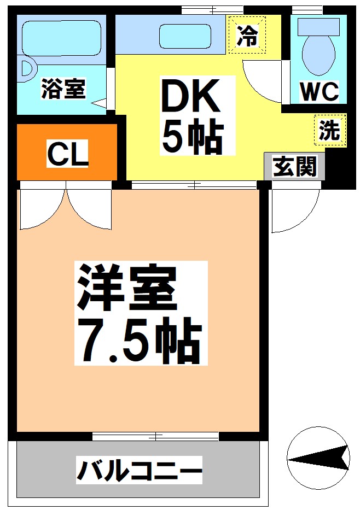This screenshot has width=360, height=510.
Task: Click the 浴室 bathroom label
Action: (x=63, y=89)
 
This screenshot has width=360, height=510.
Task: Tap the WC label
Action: (x=320, y=92)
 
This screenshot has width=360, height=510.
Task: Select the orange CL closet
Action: (x=67, y=152)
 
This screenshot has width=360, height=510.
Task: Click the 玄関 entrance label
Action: (x=295, y=167)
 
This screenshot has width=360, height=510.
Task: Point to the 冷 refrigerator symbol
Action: (x=247, y=35)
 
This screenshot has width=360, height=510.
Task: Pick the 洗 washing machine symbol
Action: (x=330, y=130)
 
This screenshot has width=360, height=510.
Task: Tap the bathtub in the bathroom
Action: (x=61, y=38)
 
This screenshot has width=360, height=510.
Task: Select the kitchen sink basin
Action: (x=185, y=36)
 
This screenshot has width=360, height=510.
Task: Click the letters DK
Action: (x=191, y=95)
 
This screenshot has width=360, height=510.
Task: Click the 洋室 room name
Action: (x=127, y=288)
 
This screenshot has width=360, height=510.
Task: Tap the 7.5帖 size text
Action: (x=141, y=341)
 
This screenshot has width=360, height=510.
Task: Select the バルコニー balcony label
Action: (x=140, y=470)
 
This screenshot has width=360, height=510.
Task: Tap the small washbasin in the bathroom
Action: (x=28, y=69)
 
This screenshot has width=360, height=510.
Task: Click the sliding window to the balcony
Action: (x=155, y=436)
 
